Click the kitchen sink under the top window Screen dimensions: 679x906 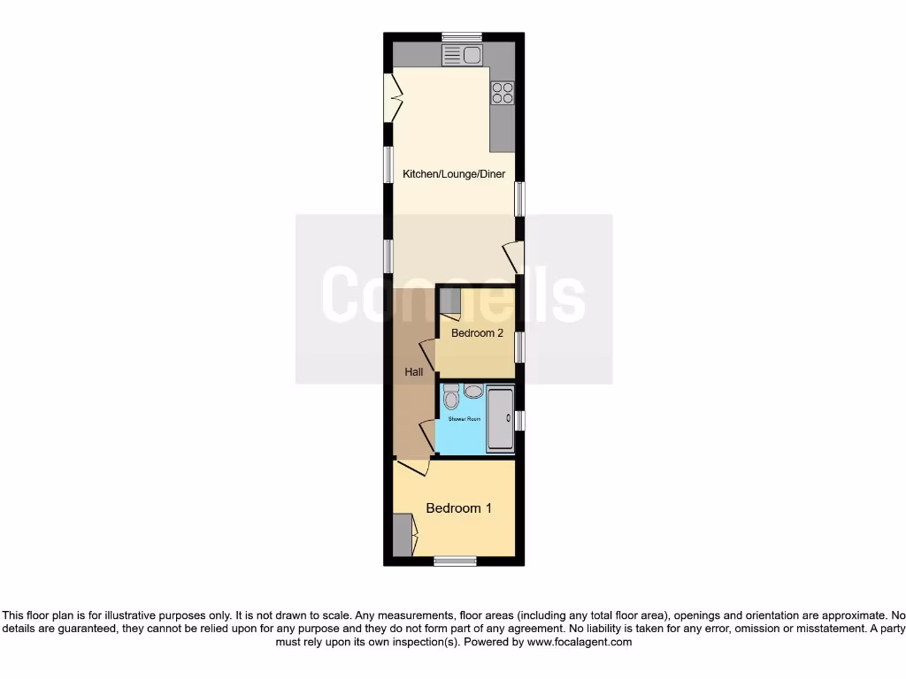coord(462,56)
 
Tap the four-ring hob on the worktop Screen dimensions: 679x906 coord(502,93)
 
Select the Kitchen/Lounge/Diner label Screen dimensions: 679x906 coord(454,174)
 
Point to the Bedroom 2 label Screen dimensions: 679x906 coord(477,333)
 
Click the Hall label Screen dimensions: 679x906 coord(414,372)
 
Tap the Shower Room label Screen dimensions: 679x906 coord(465,418)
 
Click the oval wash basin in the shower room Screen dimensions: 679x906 coord(473,391)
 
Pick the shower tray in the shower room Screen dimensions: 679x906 coord(501,419)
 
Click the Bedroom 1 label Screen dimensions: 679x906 coord(458,508)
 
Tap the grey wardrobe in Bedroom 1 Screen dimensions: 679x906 coord(403,535)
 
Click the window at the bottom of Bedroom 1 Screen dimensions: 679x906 coord(455,561)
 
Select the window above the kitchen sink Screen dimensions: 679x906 coord(462,37)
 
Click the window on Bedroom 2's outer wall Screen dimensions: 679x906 coord(520,347)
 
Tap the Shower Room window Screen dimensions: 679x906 coord(520,420)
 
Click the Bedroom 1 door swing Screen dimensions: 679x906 coord(414,466)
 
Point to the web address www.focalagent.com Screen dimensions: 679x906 coord(579,642)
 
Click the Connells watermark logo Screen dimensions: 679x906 coord(453,294)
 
